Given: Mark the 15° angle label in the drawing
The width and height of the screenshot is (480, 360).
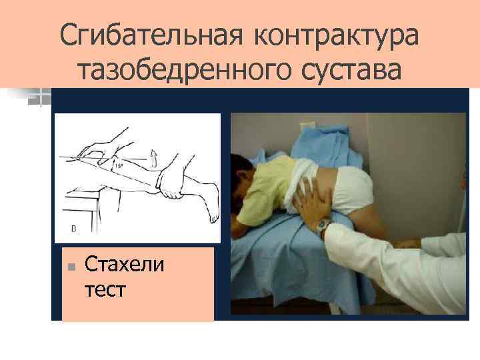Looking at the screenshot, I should [119, 163].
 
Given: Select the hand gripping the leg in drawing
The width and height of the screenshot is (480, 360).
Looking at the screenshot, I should [170, 183].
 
